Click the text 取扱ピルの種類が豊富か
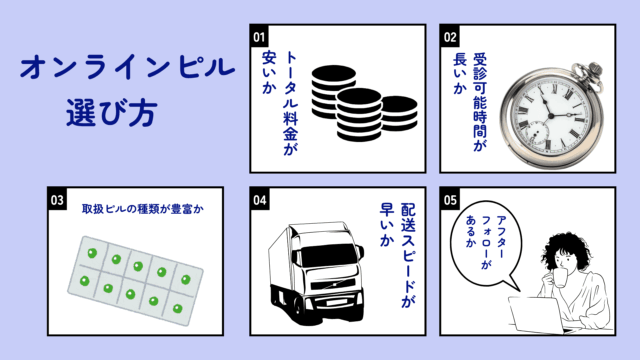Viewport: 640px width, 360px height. (x=141, y=211)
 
